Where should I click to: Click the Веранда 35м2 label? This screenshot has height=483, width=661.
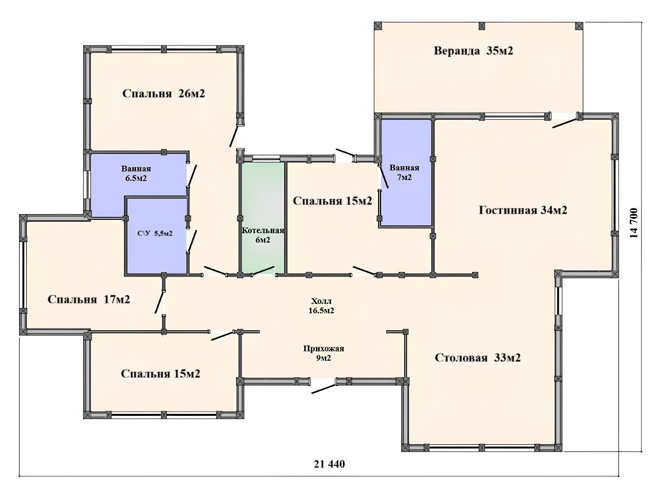point(474,51)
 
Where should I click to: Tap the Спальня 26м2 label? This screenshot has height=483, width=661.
point(164,93)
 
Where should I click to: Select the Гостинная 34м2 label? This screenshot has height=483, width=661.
point(523,210)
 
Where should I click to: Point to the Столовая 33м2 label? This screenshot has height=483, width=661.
point(478,358)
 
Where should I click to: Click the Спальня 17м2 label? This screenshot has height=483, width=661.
point(88,299)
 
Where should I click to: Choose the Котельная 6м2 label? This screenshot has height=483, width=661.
point(263,235)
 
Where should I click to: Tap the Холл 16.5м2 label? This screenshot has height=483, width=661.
point(321,306)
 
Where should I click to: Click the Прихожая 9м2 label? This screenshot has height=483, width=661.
point(324,353)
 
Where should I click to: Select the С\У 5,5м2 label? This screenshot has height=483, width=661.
point(155,234)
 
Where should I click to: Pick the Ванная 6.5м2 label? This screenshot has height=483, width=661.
point(136,173)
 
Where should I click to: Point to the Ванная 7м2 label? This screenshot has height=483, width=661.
point(404,172)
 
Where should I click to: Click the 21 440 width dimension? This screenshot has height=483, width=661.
point(329,464)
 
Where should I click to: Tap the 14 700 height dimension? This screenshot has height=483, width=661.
point(634,223)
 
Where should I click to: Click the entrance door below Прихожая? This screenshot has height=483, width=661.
point(324,389)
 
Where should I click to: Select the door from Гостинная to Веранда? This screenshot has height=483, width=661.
point(565,123)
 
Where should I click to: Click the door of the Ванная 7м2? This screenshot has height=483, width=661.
point(383,176)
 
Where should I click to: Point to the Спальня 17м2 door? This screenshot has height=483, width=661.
point(160,302)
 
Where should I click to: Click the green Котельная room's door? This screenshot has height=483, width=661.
point(263,271)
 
